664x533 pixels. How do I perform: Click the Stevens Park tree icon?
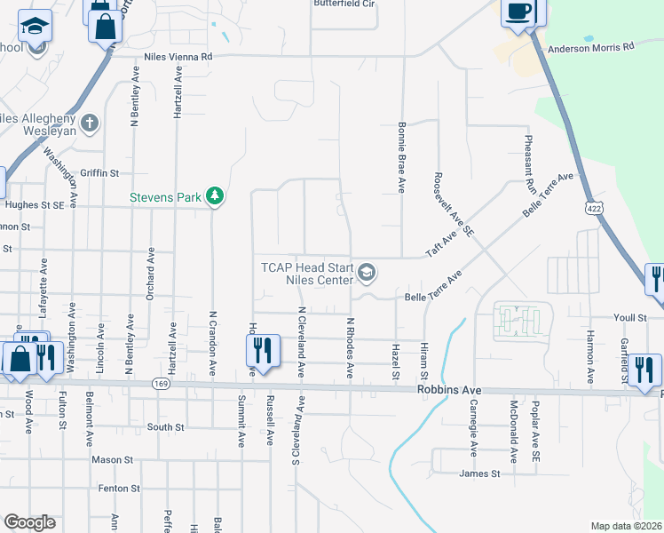(x=214, y=195)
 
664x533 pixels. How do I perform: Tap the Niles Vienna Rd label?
(x=178, y=56)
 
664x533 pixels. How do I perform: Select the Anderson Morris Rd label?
(x=592, y=46)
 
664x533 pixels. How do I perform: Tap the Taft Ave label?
(x=440, y=243)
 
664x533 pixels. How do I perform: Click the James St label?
(x=481, y=473)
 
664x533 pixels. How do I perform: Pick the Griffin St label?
(x=99, y=172)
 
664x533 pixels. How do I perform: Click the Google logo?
(x=29, y=521)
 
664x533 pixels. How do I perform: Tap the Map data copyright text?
(x=627, y=526)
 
